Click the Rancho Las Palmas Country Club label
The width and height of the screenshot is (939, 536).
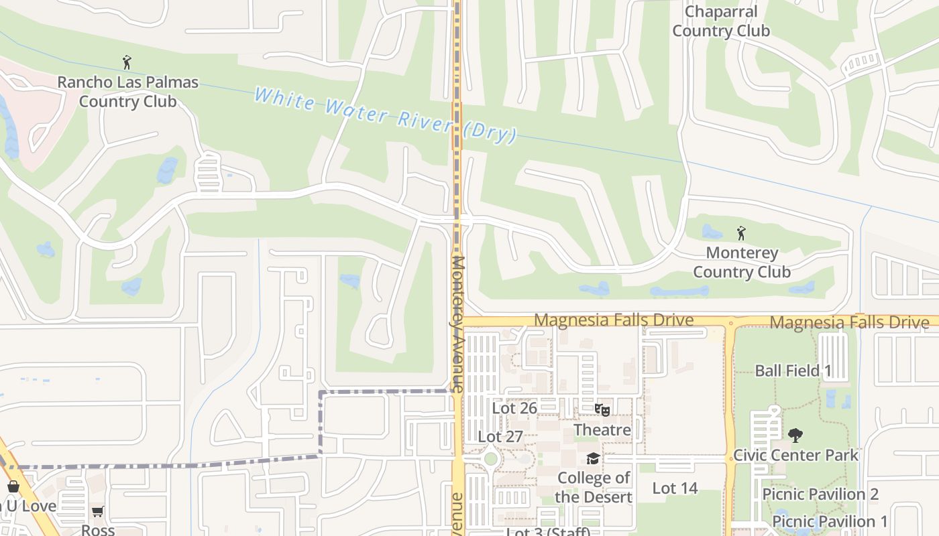(127, 92)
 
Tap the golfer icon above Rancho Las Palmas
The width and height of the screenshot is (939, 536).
(127, 63)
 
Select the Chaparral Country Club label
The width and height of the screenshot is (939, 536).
(721, 21)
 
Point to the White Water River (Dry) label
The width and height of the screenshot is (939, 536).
(385, 115)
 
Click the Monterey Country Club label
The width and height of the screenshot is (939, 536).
(742, 262)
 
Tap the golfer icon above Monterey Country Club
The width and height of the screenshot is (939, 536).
(741, 233)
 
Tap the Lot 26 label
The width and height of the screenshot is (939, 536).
(514, 407)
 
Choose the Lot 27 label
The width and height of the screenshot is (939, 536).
(500, 437)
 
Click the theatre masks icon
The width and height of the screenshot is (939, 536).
(602, 409)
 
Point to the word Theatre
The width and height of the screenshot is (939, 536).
(602, 429)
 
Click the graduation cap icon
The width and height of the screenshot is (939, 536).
(593, 458)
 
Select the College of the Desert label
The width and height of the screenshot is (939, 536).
(594, 487)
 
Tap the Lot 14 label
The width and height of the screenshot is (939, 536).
(675, 488)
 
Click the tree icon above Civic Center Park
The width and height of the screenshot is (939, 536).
(795, 435)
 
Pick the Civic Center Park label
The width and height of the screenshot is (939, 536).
(795, 455)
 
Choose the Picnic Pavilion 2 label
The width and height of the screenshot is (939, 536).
(820, 494)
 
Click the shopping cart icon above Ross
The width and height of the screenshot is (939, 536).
(98, 512)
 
